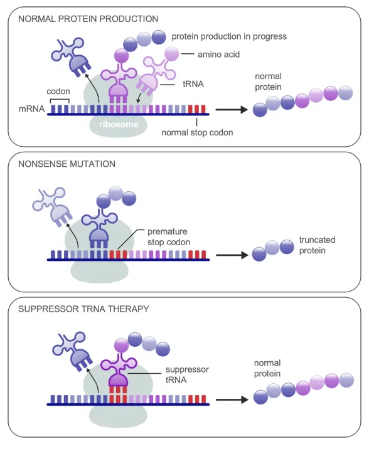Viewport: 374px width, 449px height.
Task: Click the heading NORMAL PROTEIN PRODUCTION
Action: [x=88, y=19]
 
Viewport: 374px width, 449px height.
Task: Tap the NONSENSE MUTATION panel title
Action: [x=67, y=164]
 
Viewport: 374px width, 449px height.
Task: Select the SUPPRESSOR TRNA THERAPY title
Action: [x=83, y=309]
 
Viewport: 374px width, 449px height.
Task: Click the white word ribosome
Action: [x=119, y=124]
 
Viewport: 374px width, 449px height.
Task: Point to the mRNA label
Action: [x=31, y=109]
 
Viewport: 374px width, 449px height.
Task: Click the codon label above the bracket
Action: [x=58, y=92]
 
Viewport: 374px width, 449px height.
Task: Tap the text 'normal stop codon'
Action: [x=197, y=132]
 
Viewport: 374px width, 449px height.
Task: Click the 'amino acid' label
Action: [x=218, y=55]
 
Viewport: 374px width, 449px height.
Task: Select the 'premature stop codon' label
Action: [x=169, y=237]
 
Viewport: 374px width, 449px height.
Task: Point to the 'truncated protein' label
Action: [x=318, y=245]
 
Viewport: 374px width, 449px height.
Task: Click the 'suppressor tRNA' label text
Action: [x=187, y=374]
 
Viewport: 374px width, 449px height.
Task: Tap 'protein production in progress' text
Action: [x=229, y=36]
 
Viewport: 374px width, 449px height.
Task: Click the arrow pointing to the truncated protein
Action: [x=232, y=255]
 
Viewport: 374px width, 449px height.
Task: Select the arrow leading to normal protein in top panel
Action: [x=232, y=109]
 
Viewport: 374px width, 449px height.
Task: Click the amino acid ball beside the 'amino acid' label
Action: [x=172, y=54]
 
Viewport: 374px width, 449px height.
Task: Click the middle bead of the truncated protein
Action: [x=272, y=248]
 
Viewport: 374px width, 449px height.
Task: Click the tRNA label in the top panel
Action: [x=193, y=84]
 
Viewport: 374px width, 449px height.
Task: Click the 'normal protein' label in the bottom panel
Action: [x=267, y=368]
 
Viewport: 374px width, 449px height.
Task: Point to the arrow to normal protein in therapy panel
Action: [x=232, y=399]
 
